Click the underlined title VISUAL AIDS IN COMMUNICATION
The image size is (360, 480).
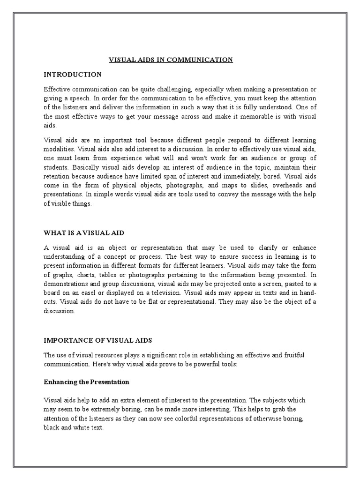(171, 60)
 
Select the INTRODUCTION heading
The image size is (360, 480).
(72, 74)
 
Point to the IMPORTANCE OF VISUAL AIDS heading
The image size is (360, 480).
(98, 340)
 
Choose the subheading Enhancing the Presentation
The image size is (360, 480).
(86, 382)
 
